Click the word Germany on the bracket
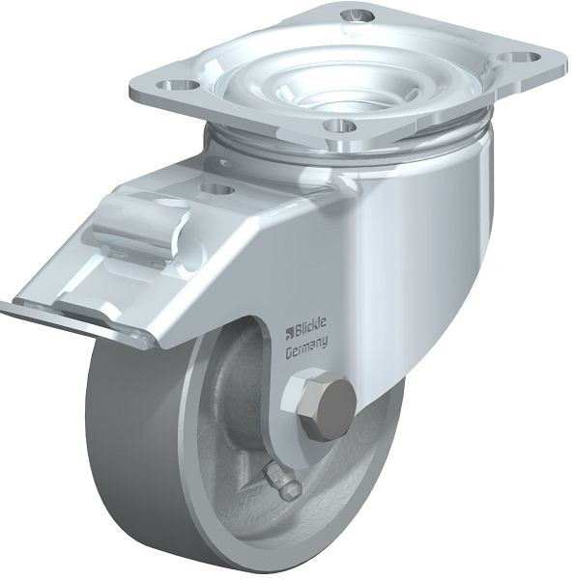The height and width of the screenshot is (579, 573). click(307, 349)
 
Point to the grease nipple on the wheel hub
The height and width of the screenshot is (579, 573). click(282, 481)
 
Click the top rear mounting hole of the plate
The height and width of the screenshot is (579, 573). click(357, 15)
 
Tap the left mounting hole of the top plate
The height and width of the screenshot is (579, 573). click(177, 86)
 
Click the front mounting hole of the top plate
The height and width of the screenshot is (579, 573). click(340, 126)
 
